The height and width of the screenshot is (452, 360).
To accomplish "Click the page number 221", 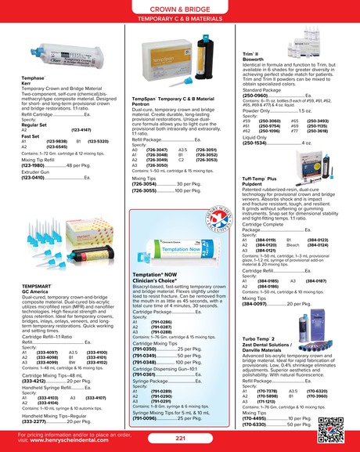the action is (180, 439).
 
